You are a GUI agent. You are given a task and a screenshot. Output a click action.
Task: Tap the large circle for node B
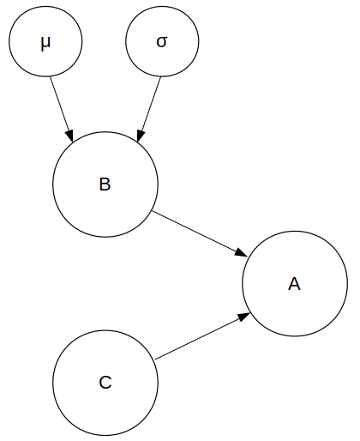tap(105, 184)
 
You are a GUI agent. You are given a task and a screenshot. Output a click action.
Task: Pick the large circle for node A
tap(295, 284)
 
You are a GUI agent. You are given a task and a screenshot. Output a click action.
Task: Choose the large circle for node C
tap(105, 383)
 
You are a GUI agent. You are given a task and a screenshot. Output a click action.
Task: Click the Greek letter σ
tap(162, 42)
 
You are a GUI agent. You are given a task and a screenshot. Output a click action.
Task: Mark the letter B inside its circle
tap(105, 184)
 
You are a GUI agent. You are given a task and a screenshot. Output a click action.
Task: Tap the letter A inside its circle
tap(295, 284)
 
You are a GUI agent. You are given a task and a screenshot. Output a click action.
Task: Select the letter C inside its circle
tap(105, 383)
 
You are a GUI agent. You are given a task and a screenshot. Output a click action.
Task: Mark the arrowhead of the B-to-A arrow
tap(243, 253)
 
